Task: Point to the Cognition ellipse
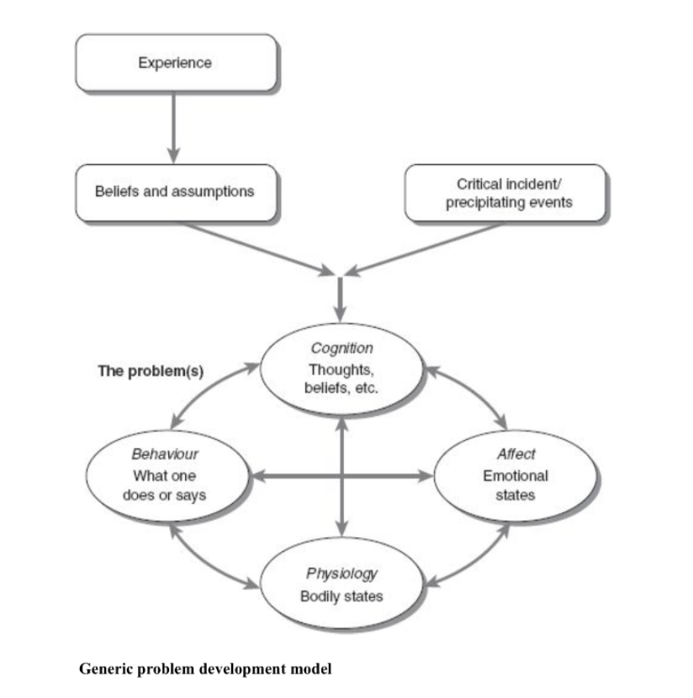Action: coord(341,369)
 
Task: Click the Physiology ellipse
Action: coord(341,584)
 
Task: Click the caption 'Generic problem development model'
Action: coord(205,669)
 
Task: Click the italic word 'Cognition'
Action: coord(341,347)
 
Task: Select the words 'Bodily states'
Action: coord(341,597)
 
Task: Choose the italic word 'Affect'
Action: coord(516,454)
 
